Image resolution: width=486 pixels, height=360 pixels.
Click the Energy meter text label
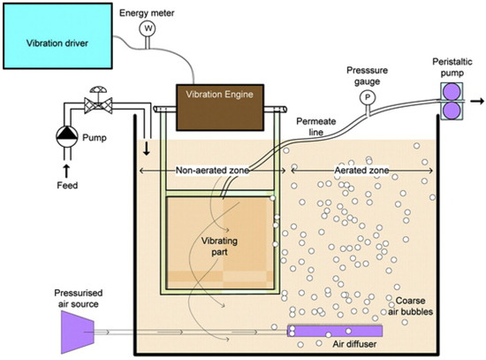pos(145,7)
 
